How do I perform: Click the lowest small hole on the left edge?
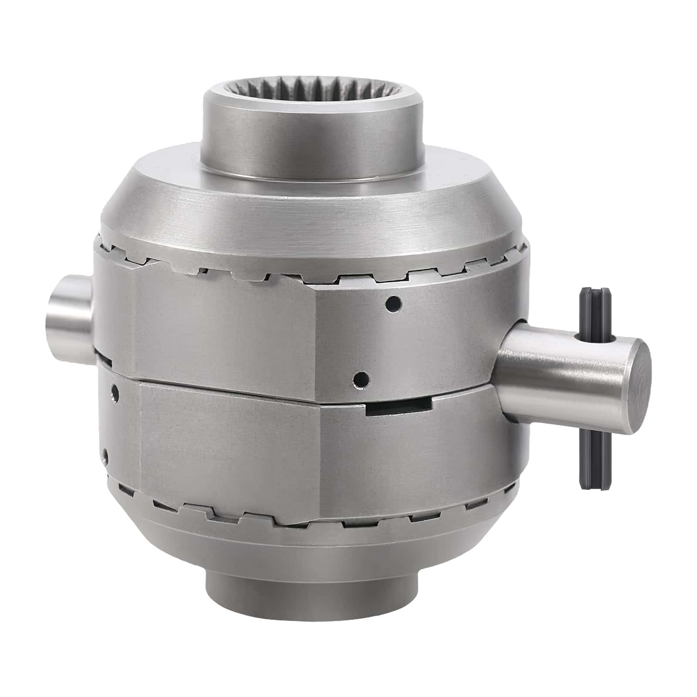pos(105,456)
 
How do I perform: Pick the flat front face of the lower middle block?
pos(231,444)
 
